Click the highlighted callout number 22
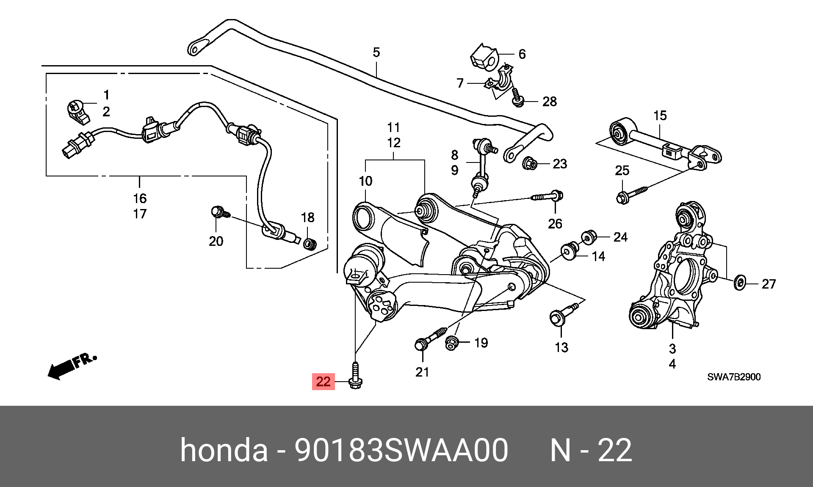click(323, 382)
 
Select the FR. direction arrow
click(72, 366)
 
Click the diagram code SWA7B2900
click(734, 377)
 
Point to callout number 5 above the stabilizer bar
click(376, 52)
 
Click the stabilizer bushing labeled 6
click(484, 57)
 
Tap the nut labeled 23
click(530, 163)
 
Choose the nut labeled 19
click(452, 343)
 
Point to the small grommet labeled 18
click(310, 244)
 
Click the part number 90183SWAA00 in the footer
click(401, 450)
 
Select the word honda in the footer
click(224, 450)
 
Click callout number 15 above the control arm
click(660, 116)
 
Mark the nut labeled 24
click(589, 237)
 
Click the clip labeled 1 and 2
click(78, 112)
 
